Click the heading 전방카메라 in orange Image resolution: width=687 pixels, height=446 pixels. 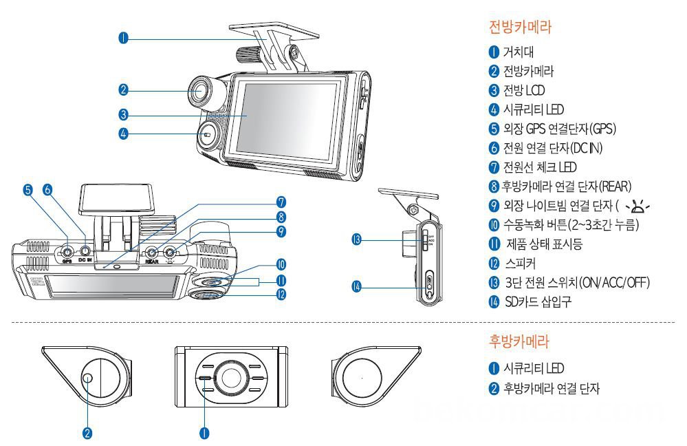click(x=521, y=27)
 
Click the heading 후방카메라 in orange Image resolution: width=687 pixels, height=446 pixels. click(x=521, y=341)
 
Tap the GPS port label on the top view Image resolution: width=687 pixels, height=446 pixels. click(x=67, y=262)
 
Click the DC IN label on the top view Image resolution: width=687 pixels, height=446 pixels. click(x=85, y=262)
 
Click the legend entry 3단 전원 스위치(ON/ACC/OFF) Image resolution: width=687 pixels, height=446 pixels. click(x=576, y=282)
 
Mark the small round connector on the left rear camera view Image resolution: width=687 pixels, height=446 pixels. click(x=87, y=378)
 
